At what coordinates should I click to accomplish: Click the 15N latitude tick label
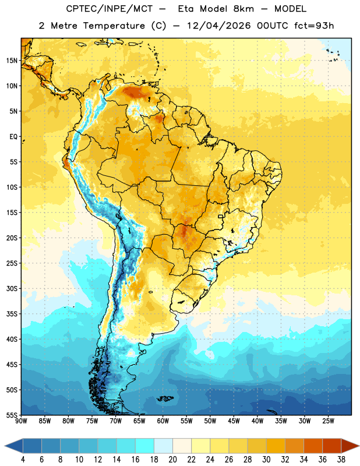click(12, 61)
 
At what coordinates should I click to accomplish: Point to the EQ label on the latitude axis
click(13, 137)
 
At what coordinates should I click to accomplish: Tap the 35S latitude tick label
click(12, 314)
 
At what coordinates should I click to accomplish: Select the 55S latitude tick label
click(12, 415)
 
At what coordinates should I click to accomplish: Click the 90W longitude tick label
click(21, 421)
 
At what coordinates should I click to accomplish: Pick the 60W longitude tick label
click(163, 421)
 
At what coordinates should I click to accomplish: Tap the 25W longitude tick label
click(328, 421)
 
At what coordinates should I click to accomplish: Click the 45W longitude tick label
click(234, 421)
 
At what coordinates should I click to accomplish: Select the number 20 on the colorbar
click(172, 460)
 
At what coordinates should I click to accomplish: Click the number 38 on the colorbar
click(341, 460)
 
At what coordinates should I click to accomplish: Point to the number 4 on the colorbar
click(23, 460)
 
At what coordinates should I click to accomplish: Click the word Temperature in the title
click(114, 26)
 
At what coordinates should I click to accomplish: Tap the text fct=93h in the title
click(314, 26)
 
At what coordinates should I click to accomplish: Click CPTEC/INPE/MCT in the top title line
click(110, 9)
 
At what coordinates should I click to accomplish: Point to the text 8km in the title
click(244, 9)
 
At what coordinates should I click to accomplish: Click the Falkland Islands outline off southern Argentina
click(165, 399)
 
